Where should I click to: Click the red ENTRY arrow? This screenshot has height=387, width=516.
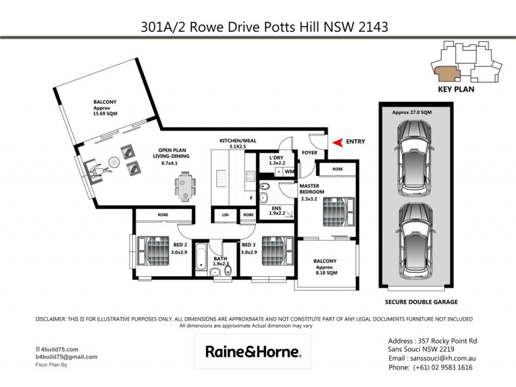point(336,143)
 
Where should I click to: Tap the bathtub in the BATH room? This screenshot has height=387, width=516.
point(200,258)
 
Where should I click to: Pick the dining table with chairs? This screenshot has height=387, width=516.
point(185,185)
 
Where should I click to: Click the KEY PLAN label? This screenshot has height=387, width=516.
point(456,90)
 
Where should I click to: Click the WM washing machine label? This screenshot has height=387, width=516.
point(290,172)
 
